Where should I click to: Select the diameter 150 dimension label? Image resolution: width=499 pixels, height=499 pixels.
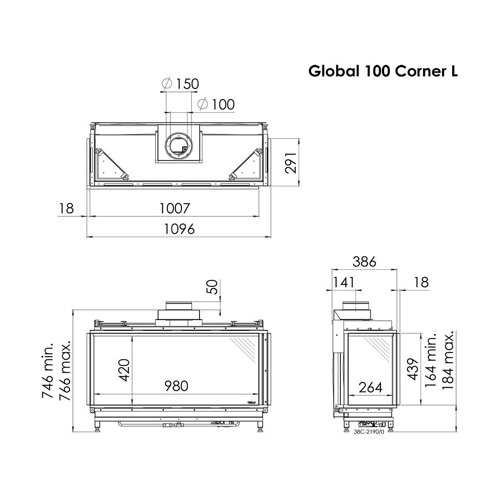tap(180, 84)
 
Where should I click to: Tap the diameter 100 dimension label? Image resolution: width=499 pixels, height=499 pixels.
tap(216, 104)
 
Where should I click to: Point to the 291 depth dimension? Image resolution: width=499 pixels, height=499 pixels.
tap(290, 163)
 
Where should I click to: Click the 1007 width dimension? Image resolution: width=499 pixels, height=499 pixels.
tap(175, 208)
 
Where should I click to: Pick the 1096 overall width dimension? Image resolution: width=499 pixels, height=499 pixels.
tap(179, 229)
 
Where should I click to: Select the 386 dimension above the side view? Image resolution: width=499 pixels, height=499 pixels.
tap(365, 262)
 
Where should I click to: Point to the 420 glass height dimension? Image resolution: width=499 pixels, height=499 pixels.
tap(125, 370)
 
